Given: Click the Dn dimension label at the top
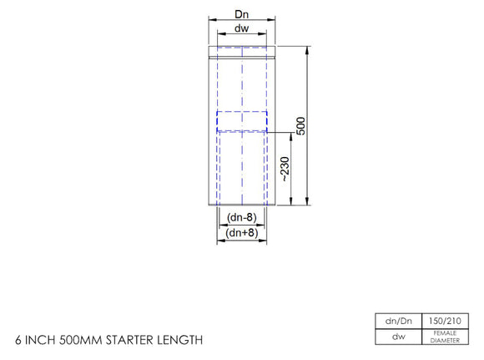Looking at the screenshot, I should [241, 14].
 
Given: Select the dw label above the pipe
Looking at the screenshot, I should [241, 28].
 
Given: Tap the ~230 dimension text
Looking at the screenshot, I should [285, 170].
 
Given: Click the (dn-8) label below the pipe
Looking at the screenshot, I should [241, 219].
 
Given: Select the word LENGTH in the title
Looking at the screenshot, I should [180, 340].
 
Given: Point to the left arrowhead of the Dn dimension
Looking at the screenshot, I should [209, 21].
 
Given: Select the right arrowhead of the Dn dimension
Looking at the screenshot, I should [273, 21].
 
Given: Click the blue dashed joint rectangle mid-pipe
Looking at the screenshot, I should [241, 121].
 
